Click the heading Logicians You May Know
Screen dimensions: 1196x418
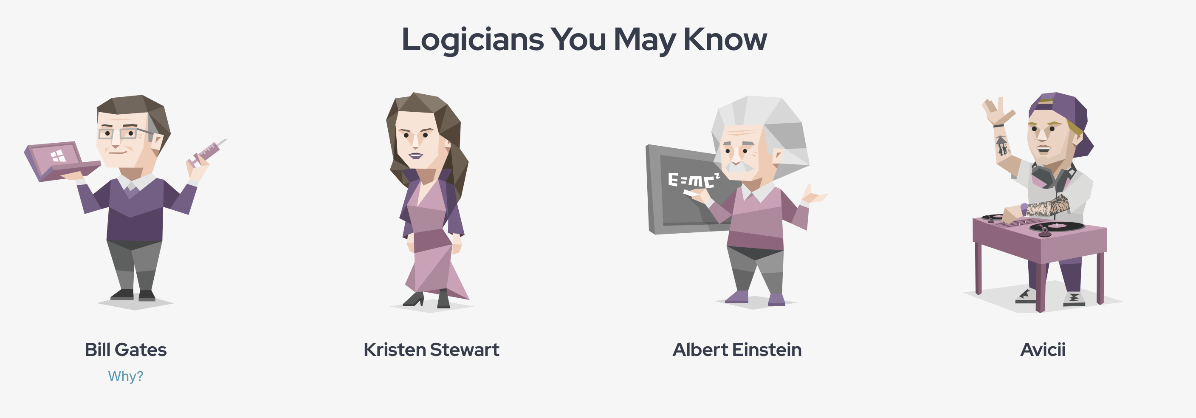[584, 40]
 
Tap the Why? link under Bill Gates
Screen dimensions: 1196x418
[126, 376]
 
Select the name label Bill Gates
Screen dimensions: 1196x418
[125, 350]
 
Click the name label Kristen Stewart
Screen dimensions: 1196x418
[432, 350]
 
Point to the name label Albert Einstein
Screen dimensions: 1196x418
[737, 350]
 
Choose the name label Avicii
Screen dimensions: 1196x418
[1043, 350]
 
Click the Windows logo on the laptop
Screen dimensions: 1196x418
[59, 156]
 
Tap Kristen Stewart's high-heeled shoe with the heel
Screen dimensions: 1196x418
[414, 299]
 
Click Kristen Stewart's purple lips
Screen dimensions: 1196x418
[415, 155]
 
